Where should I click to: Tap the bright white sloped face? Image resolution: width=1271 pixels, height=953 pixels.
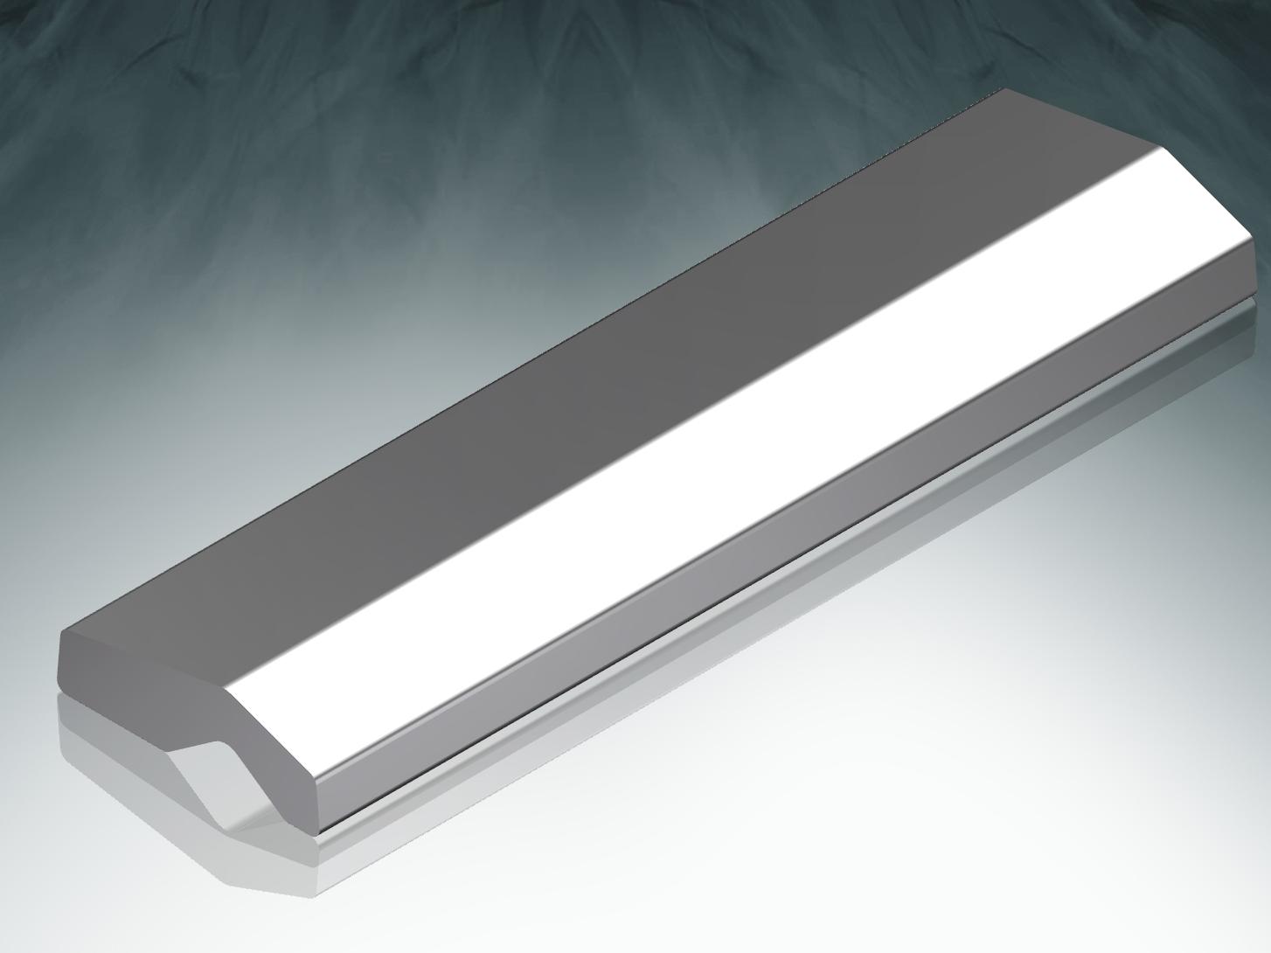(743, 455)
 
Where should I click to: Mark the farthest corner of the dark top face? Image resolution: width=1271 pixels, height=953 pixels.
(1005, 89)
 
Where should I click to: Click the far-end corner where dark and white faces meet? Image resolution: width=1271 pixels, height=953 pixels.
(1168, 149)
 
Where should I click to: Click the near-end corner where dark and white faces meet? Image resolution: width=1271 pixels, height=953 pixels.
(229, 691)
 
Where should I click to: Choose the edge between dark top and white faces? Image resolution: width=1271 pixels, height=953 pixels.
(699, 420)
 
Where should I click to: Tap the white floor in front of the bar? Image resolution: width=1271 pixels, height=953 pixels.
(787, 831)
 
